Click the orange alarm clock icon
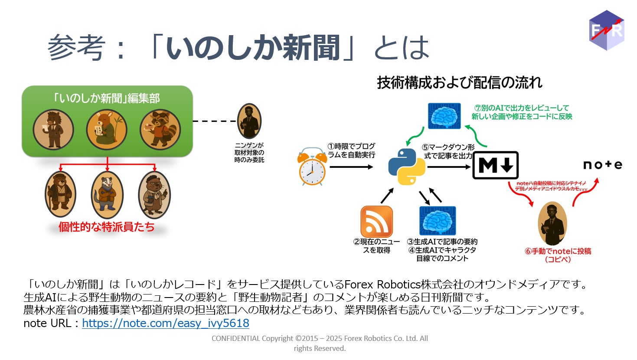[x=312, y=167]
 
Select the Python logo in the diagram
[x=406, y=167]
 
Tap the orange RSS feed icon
[x=376, y=222]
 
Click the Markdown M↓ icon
[x=495, y=165]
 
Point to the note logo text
[x=602, y=164]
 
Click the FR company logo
[x=607, y=30]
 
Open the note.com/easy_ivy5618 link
[x=166, y=323]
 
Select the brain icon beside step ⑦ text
[x=444, y=116]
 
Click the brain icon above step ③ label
[x=438, y=221]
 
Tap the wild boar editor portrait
[x=53, y=130]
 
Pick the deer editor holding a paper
[x=107, y=130]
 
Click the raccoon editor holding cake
[x=160, y=130]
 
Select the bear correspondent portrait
[x=61, y=194]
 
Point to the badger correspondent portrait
[x=107, y=194]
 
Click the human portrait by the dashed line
[x=249, y=121]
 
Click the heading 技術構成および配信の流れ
[x=459, y=82]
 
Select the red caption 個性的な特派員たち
[x=107, y=227]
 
